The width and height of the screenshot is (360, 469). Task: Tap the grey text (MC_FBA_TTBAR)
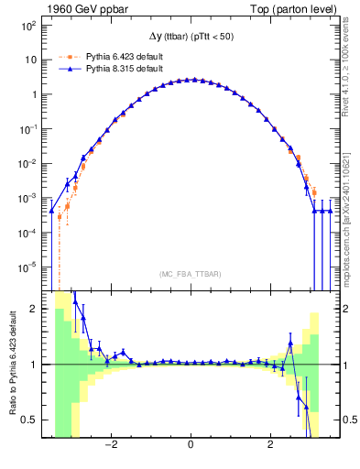coord(190,274)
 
